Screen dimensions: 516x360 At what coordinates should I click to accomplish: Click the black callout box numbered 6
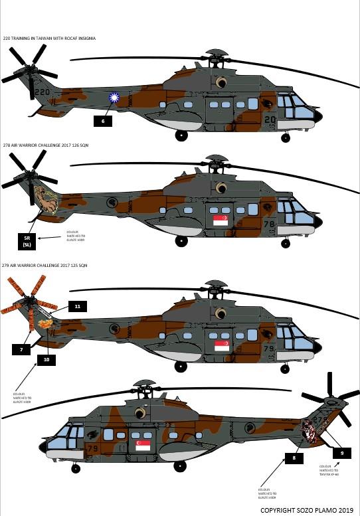(x=103, y=121)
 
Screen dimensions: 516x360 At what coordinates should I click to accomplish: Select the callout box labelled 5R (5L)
(x=28, y=240)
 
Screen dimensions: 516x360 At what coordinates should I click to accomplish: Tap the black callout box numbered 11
(x=78, y=306)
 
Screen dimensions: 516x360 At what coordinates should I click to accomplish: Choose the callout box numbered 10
(x=46, y=359)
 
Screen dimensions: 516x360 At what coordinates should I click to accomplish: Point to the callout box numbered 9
(x=341, y=452)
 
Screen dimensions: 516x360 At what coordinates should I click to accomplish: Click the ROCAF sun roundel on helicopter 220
(x=114, y=98)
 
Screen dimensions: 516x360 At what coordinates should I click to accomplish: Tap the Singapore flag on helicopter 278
(x=221, y=220)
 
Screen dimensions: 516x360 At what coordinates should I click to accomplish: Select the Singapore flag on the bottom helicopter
(x=143, y=446)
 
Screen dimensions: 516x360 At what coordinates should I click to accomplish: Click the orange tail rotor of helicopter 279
(x=27, y=304)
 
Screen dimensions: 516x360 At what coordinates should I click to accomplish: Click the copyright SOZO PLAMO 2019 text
(x=307, y=509)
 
